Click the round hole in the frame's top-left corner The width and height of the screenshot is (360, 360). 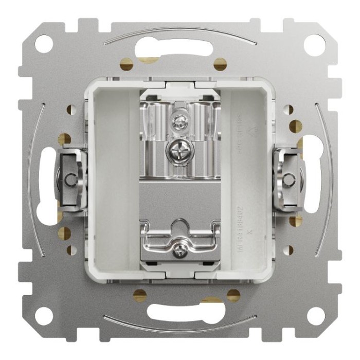tap(44, 44)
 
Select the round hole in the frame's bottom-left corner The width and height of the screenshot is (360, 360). tap(44, 315)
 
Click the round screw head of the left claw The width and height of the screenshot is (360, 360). tap(69, 179)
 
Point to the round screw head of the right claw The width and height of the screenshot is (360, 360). tap(289, 179)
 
